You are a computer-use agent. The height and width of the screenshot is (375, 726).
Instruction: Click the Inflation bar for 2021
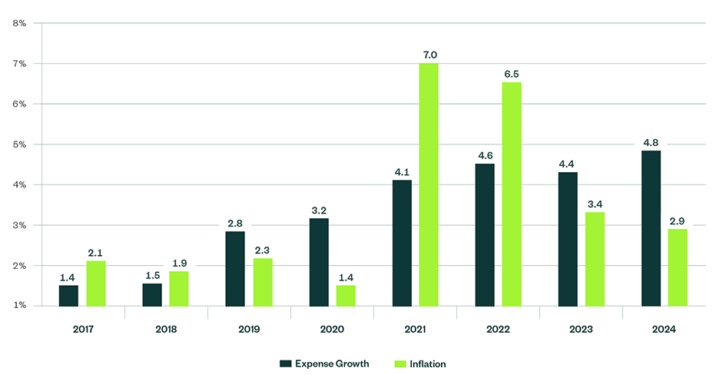pos(429,184)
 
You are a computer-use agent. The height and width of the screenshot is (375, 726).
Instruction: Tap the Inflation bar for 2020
pos(346,296)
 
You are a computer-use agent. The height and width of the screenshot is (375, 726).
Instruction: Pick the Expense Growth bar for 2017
pos(68,296)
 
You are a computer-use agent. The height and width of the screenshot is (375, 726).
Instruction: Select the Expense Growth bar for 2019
pos(235,268)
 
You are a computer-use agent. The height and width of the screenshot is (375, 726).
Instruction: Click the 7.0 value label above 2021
pos(429,55)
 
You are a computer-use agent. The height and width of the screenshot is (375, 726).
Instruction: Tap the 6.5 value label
pos(512,74)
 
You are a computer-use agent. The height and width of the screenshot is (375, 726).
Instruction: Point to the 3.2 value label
pos(318,209)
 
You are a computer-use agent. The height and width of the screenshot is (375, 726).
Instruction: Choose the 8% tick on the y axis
pos(19,23)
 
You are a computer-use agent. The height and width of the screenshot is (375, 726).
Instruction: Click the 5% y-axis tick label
pos(19,144)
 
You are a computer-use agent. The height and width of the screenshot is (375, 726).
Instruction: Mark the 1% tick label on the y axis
pos(19,306)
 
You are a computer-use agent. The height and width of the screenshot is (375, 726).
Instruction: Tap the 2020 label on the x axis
pos(332,329)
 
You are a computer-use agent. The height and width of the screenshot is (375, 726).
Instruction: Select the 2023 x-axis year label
pos(582,329)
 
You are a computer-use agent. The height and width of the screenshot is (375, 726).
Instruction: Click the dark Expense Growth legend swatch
pos(283,363)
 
